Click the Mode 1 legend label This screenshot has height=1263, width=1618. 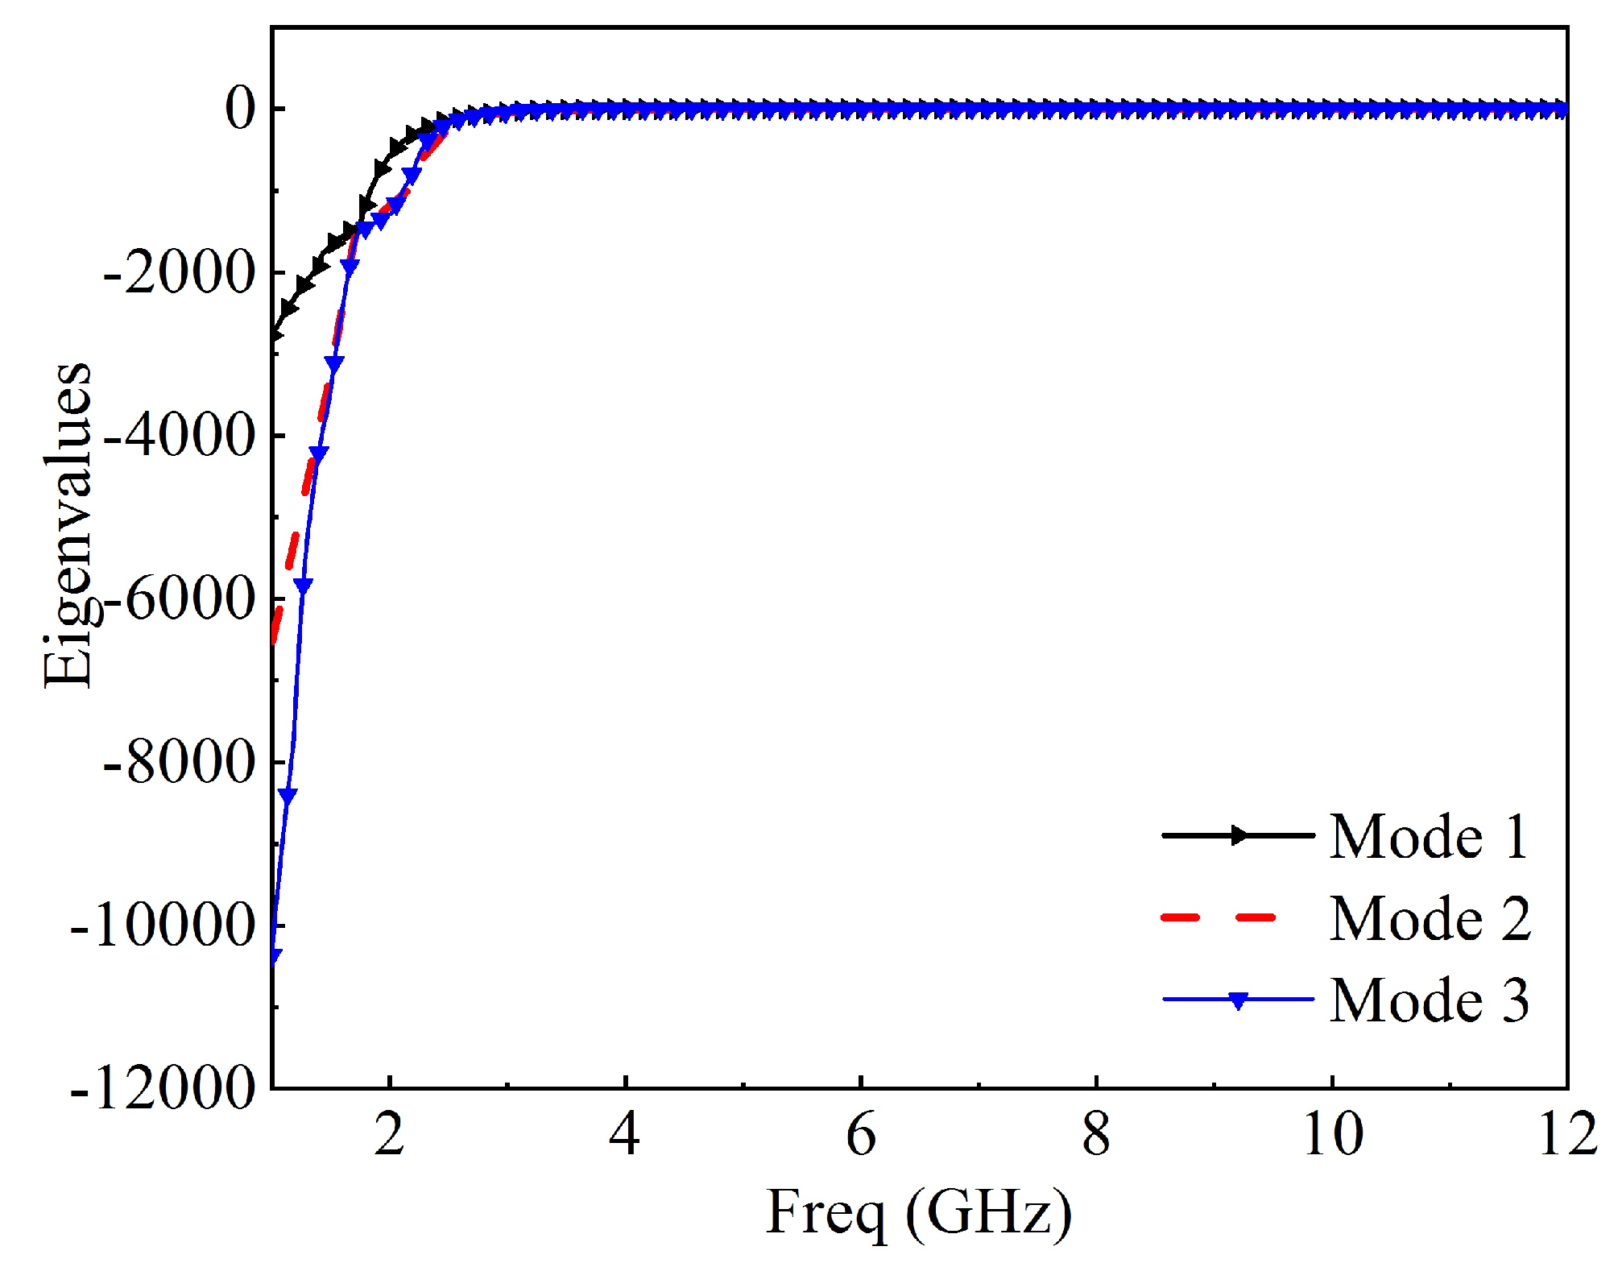pos(1428,837)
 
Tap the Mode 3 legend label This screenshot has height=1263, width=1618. pos(1428,1000)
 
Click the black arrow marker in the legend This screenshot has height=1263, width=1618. pos(1239,835)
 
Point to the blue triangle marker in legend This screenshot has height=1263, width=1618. pos(1239,1001)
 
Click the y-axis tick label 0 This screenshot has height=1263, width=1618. pos(240,109)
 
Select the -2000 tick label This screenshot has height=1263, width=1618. pos(179,273)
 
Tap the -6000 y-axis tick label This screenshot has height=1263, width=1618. pos(179,599)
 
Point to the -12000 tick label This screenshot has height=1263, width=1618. pos(163,1089)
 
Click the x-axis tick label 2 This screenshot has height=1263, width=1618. pos(389,1136)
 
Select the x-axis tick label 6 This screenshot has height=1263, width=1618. pos(861,1136)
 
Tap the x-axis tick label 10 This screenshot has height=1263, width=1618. pos(1333,1136)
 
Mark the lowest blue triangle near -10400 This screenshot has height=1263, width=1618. pos(275,956)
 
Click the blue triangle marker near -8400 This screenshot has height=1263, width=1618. pos(288,795)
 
